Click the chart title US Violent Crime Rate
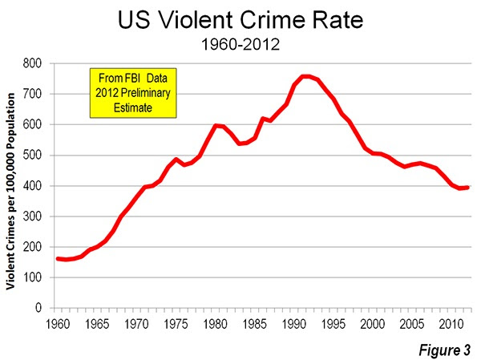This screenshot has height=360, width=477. (x=241, y=20)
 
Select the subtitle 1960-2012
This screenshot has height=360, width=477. (x=241, y=45)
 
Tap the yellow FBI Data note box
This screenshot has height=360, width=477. (x=133, y=93)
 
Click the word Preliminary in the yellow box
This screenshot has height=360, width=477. (x=145, y=93)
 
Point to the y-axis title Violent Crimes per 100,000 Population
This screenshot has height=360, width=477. (x=10, y=192)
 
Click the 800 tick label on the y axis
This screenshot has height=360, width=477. (x=32, y=63)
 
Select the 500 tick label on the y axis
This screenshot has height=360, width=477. (x=32, y=156)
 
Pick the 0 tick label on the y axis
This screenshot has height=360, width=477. (x=38, y=308)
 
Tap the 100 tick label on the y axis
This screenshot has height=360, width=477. (x=32, y=277)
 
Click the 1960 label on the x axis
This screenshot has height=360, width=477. (x=58, y=324)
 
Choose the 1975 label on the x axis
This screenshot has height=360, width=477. (x=176, y=324)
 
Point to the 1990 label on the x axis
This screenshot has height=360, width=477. (x=294, y=324)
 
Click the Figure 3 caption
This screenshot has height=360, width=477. (x=445, y=350)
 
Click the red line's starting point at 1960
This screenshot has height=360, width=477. (x=58, y=259)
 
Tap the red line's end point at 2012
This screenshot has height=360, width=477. (x=467, y=188)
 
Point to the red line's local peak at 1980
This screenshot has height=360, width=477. (x=216, y=125)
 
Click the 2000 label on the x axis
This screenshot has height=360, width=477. (x=372, y=324)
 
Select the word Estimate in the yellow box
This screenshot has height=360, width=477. (x=133, y=107)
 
